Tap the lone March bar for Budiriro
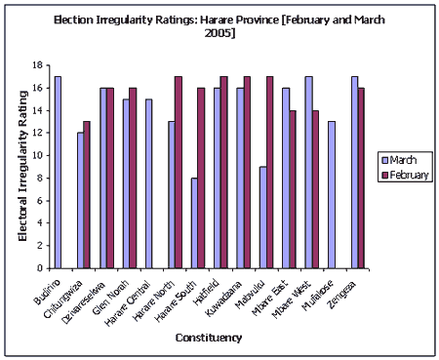(58, 172)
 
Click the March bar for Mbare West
(308, 172)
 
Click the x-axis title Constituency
(209, 338)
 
